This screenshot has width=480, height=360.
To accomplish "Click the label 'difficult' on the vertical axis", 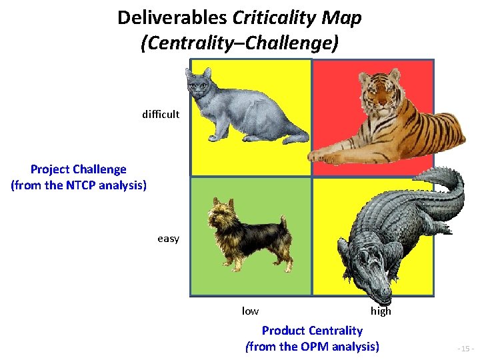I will (x=161, y=114).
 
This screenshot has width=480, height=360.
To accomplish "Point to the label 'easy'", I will (x=168, y=239).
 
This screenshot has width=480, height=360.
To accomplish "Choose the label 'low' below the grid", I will (x=250, y=311).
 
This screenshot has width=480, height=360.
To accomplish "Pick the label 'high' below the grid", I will (x=381, y=311).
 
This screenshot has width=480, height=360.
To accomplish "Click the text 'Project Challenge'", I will (x=79, y=169).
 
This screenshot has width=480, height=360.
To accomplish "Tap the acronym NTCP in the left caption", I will (x=82, y=185).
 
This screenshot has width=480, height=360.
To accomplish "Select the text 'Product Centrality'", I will (x=312, y=331).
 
